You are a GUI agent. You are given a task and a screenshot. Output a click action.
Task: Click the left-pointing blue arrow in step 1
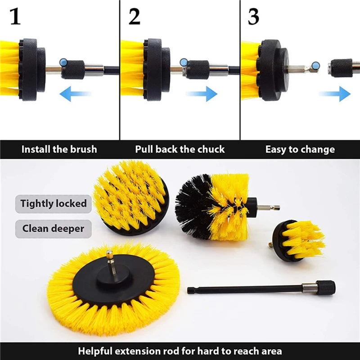coord(75,94)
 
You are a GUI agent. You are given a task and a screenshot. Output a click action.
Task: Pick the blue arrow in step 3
coord(335,94)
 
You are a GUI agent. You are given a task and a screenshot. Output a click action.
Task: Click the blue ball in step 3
coord(315,67)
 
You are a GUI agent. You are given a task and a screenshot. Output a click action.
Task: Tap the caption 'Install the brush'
coord(59,149)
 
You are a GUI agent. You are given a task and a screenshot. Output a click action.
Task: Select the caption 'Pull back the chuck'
coord(180,149)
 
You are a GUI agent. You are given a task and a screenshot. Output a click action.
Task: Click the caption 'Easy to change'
coord(300,149)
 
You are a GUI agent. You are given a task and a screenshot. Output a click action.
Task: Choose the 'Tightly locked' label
coord(54,203)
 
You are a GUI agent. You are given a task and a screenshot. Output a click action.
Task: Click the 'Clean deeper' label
coord(54,229)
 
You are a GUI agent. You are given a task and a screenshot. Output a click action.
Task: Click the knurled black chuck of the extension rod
coord(325,287)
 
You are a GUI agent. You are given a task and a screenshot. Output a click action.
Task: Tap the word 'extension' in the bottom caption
coord(154,351)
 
